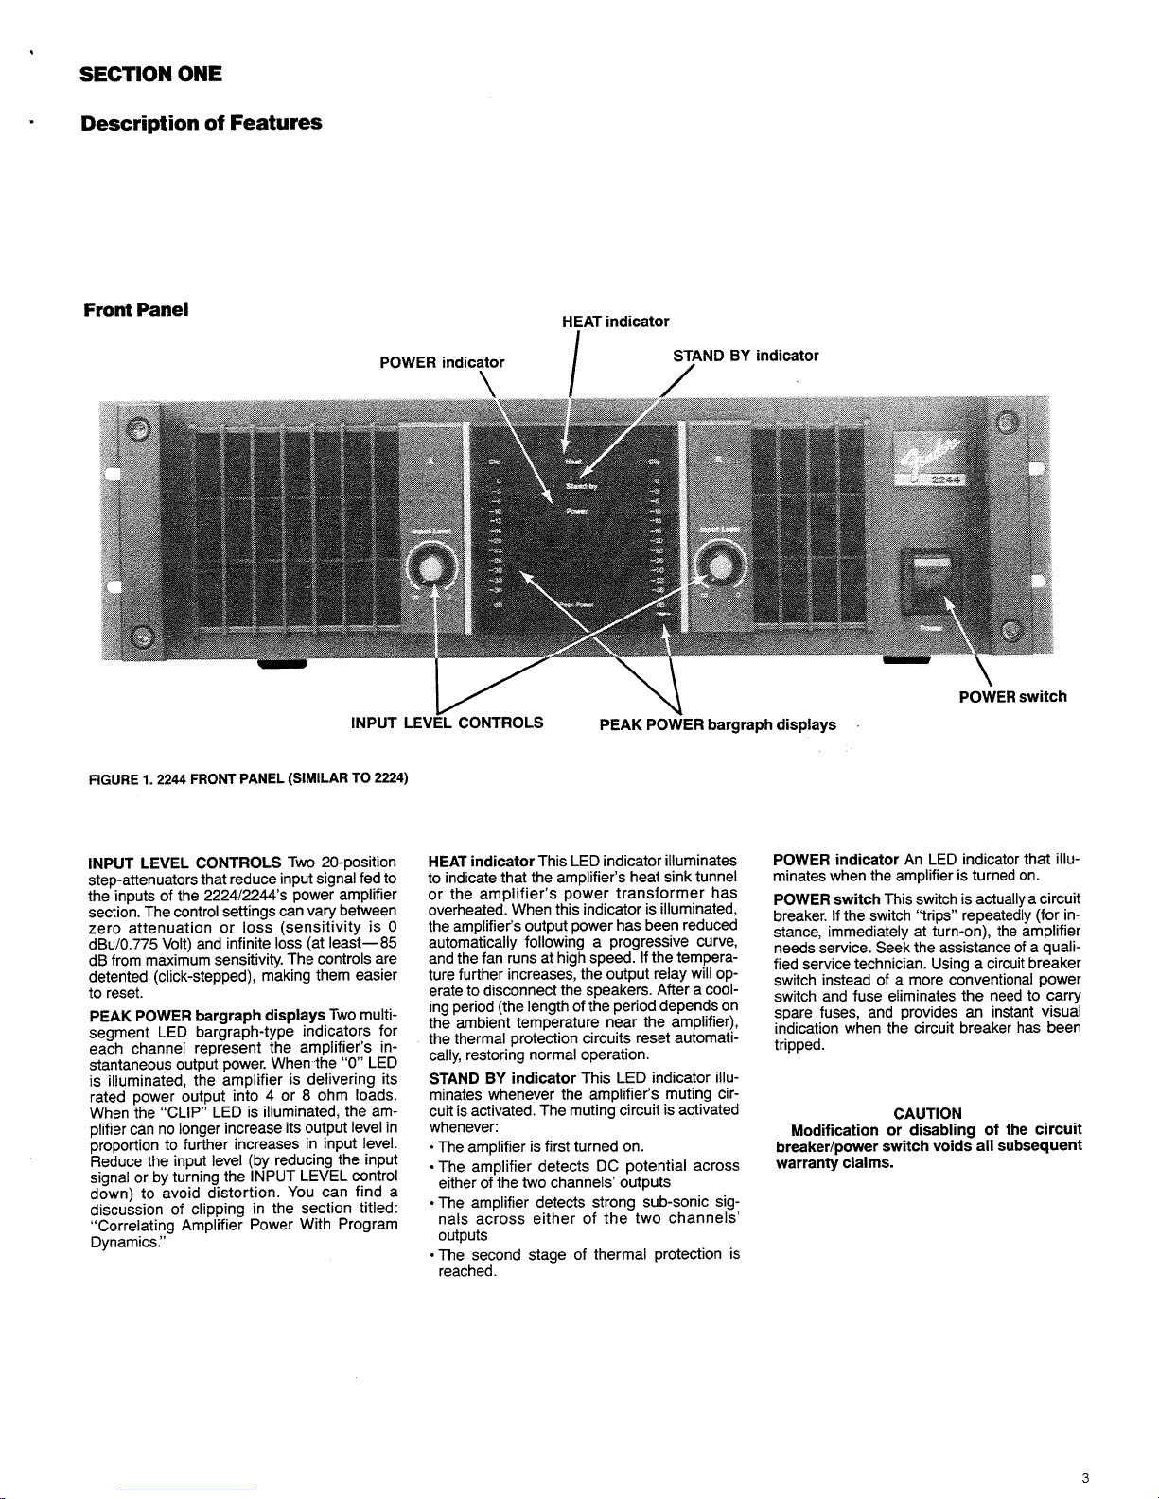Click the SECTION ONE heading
pos(150,74)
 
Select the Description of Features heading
pos(201,123)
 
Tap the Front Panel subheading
pos(134,309)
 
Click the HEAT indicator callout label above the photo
pos(615,322)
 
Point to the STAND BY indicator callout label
pos(745,356)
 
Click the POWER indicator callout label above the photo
pos(442,362)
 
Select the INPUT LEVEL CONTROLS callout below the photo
pos(447,723)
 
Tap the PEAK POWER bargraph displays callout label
pos(717,724)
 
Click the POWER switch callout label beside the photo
pos(1012,697)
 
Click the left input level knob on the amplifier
pos(431,568)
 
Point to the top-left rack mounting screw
pos(138,429)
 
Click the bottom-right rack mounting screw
pos(1012,632)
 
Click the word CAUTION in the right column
pos(927,1113)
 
